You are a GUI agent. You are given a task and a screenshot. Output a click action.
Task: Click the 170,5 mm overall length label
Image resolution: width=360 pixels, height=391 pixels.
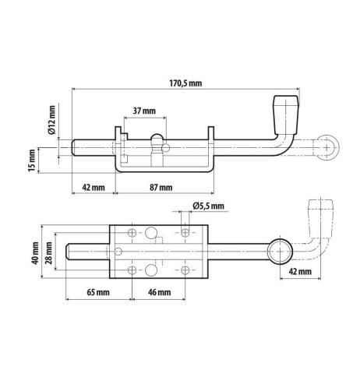185,83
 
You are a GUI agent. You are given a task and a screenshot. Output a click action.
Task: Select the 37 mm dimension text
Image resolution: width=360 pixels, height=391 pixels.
144,111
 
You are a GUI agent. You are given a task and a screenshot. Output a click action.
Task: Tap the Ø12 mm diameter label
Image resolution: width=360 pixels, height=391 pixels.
51,120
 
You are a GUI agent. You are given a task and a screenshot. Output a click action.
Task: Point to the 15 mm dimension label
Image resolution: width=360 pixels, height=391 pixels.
32,160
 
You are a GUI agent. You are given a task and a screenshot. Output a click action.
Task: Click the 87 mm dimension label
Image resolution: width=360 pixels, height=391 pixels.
161,188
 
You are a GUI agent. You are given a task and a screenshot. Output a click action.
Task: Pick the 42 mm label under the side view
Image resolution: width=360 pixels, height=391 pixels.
94,188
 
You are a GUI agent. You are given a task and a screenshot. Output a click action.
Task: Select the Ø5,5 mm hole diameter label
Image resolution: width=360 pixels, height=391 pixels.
208,206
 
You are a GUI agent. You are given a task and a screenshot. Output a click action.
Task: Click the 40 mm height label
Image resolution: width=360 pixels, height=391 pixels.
35,253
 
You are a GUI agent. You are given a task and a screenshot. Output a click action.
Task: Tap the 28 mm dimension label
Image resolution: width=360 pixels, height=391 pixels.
48,253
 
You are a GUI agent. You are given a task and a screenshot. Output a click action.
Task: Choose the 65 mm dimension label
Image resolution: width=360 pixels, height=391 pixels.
98,292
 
